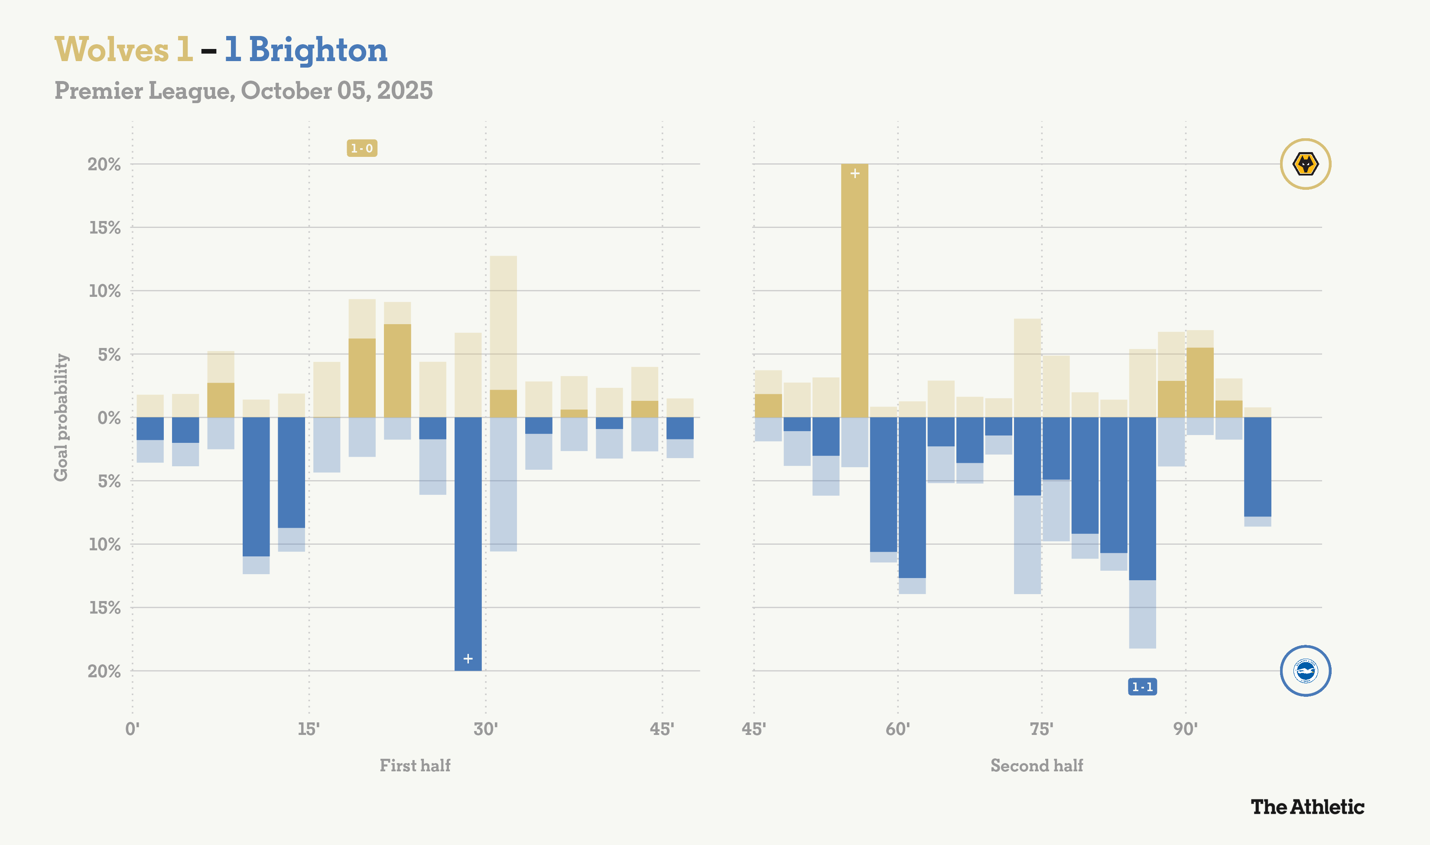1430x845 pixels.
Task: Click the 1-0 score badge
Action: pyautogui.click(x=362, y=149)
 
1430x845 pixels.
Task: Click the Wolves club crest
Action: pyautogui.click(x=1305, y=164)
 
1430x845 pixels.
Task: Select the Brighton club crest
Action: pyautogui.click(x=1305, y=671)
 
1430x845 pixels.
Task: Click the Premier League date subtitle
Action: pyautogui.click(x=243, y=91)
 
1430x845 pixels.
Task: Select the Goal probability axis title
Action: pyautogui.click(x=61, y=417)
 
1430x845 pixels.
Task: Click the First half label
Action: pyautogui.click(x=415, y=765)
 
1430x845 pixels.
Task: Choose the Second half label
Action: pyautogui.click(x=1037, y=765)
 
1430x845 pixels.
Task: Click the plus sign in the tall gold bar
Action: pyautogui.click(x=855, y=173)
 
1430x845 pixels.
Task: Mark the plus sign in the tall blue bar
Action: pyautogui.click(x=468, y=659)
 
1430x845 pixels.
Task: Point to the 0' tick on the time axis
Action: pyautogui.click(x=132, y=729)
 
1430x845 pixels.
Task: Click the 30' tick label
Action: pyautogui.click(x=486, y=729)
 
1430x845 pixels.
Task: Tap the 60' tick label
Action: pyautogui.click(x=898, y=729)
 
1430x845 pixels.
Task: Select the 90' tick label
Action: pyautogui.click(x=1185, y=729)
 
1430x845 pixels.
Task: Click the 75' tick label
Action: pyautogui.click(x=1042, y=729)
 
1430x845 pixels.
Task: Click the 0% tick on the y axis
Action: pyautogui.click(x=109, y=418)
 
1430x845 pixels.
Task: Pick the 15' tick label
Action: pyautogui.click(x=309, y=729)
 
